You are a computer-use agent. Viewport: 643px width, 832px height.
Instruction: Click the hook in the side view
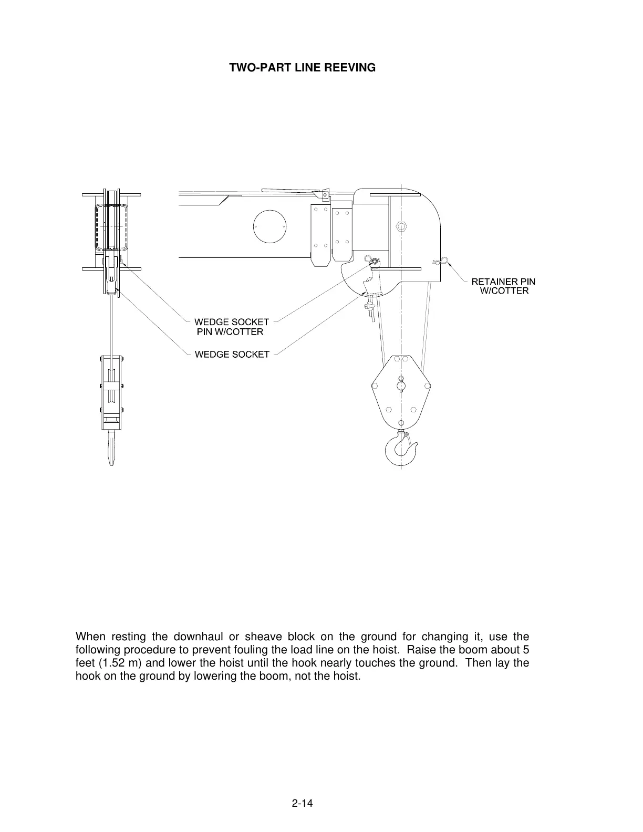[402, 449]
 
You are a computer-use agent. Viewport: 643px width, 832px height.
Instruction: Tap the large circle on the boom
[269, 227]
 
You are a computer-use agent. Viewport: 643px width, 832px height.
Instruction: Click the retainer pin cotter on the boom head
[441, 261]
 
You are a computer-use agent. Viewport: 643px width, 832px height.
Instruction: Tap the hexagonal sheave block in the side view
[401, 391]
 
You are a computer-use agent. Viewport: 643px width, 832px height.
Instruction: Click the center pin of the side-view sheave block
[401, 386]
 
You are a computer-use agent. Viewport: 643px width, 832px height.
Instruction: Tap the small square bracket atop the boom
[325, 194]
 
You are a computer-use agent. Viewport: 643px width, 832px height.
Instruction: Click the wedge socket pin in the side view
[374, 261]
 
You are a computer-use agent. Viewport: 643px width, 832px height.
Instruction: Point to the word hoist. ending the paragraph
[347, 675]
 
